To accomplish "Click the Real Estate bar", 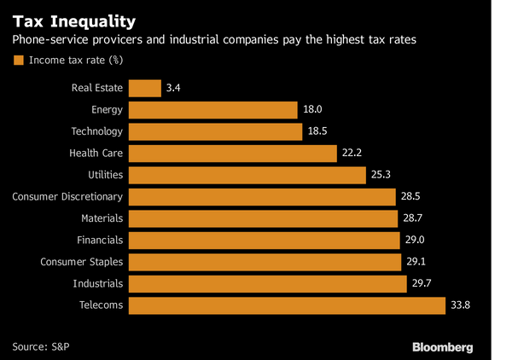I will click(x=145, y=88).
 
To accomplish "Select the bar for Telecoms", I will click(x=288, y=305).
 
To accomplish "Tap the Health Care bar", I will click(x=233, y=154).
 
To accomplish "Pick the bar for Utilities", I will click(x=247, y=175).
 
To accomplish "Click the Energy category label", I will click(x=107, y=110).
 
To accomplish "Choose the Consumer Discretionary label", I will click(x=67, y=197).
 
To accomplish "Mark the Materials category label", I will click(x=100, y=218).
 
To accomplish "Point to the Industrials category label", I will click(x=98, y=283).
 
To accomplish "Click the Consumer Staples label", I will click(x=82, y=262).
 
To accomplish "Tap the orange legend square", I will click(x=17, y=61).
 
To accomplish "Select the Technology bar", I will click(x=217, y=131).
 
